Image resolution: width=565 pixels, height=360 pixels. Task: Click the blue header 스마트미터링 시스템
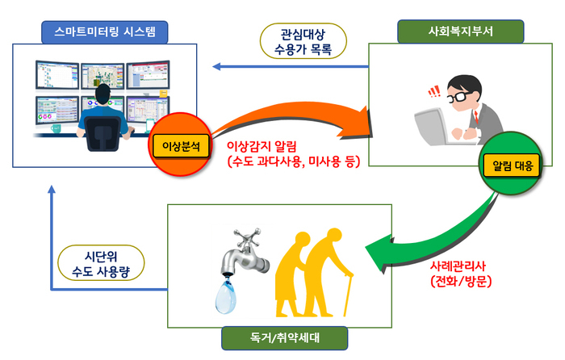105,32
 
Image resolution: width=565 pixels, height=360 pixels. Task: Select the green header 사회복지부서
459,32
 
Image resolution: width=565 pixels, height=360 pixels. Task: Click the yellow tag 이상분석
181,146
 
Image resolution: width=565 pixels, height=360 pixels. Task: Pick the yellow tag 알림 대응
508,166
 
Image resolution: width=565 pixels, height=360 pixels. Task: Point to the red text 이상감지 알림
262,147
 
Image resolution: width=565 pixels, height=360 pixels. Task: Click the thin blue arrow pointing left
282,67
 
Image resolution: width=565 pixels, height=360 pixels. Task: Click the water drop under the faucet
228,296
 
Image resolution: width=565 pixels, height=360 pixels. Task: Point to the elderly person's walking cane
349,295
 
